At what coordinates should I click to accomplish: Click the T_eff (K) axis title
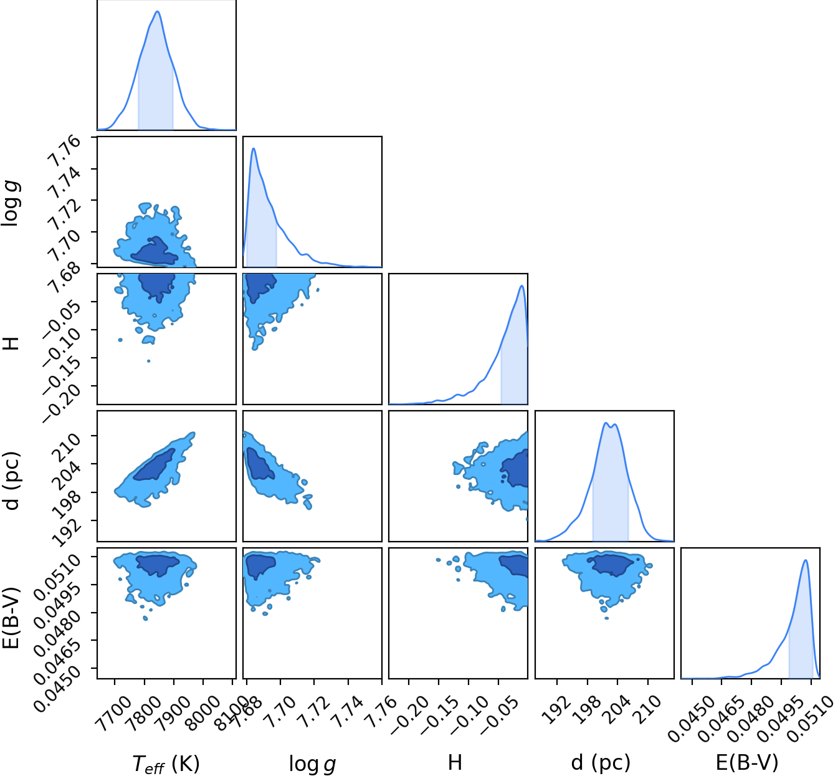pos(166,763)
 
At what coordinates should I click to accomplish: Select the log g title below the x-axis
pos(312,764)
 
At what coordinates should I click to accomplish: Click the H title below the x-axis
pos(455,762)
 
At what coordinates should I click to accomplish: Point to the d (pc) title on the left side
pos(12,481)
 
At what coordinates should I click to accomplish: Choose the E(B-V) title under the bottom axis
pos(747,763)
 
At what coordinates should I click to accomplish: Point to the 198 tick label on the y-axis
pos(66,505)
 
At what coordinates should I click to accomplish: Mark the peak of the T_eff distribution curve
pos(158,11)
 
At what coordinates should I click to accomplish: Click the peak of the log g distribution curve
pos(254,148)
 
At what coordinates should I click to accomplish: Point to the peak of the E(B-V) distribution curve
pos(806,560)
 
